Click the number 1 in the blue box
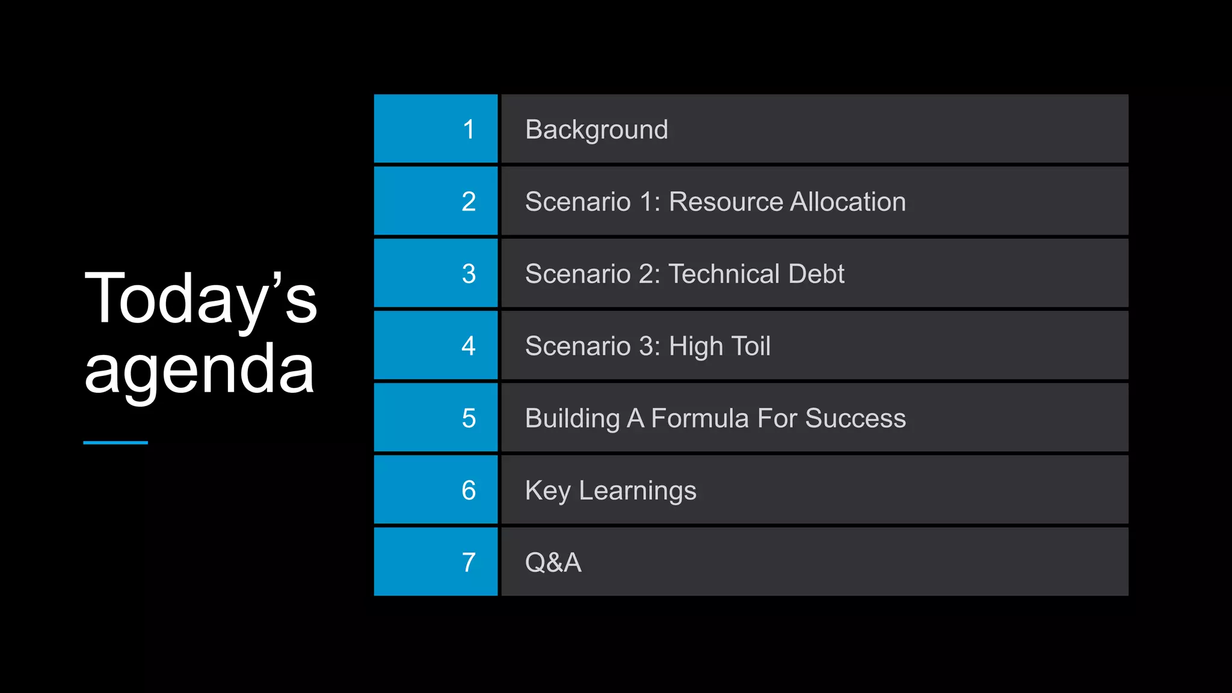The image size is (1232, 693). pyautogui.click(x=469, y=129)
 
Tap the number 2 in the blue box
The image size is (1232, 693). pyautogui.click(x=469, y=202)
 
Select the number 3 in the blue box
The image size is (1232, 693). pyautogui.click(x=469, y=274)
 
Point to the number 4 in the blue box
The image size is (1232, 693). pyautogui.click(x=469, y=346)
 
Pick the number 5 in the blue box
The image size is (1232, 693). pyautogui.click(x=469, y=418)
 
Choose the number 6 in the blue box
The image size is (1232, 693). pyautogui.click(x=469, y=490)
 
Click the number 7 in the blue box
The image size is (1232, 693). pyautogui.click(x=469, y=562)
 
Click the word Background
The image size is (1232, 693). pyautogui.click(x=596, y=130)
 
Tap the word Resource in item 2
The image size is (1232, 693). pyautogui.click(x=724, y=202)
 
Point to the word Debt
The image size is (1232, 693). pyautogui.click(x=816, y=274)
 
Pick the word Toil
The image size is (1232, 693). pyautogui.click(x=749, y=346)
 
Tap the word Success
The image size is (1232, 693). pyautogui.click(x=855, y=418)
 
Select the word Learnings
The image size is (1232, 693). pyautogui.click(x=637, y=491)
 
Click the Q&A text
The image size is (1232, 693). pyautogui.click(x=553, y=562)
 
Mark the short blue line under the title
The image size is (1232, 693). pyautogui.click(x=115, y=443)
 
